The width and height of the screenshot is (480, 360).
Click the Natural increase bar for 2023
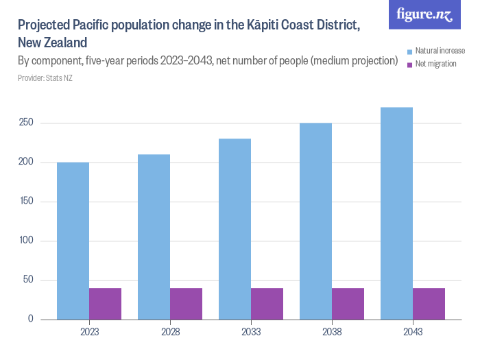pyautogui.click(x=73, y=241)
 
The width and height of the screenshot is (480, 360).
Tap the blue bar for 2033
pyautogui.click(x=235, y=229)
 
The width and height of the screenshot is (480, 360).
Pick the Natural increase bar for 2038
pyautogui.click(x=315, y=221)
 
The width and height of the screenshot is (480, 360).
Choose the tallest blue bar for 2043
pyautogui.click(x=396, y=213)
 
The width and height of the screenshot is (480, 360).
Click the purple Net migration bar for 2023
pyautogui.click(x=105, y=304)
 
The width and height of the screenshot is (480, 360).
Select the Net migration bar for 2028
pyautogui.click(x=186, y=304)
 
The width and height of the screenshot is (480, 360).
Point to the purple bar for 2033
pyautogui.click(x=267, y=304)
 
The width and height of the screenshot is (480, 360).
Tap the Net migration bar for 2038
pyautogui.click(x=348, y=304)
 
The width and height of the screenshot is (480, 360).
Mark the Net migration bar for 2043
pyautogui.click(x=429, y=304)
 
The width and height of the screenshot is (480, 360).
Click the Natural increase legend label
pyautogui.click(x=440, y=51)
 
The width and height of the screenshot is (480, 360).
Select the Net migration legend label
pyautogui.click(x=435, y=64)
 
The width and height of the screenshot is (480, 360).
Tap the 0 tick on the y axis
pyautogui.click(x=30, y=320)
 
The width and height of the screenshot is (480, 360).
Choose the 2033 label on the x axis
pyautogui.click(x=251, y=332)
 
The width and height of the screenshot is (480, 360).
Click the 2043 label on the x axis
pyautogui.click(x=413, y=332)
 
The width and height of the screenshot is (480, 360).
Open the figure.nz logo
pyautogui.click(x=424, y=14)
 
